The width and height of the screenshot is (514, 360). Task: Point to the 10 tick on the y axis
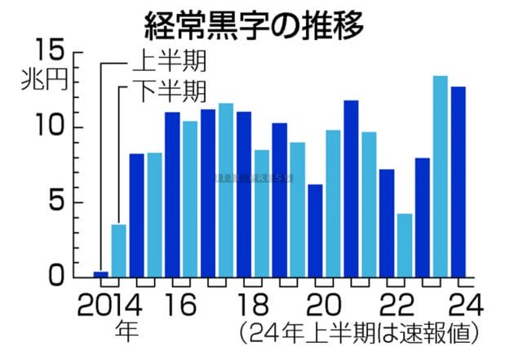[51, 127]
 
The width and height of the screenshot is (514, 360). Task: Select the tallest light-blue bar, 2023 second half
[440, 176]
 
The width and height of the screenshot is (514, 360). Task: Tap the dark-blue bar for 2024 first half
[458, 181]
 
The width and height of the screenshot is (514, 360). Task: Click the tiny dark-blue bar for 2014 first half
[101, 273]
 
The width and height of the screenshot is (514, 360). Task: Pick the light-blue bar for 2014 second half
[119, 250]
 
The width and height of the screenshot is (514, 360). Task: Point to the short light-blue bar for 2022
[405, 245]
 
